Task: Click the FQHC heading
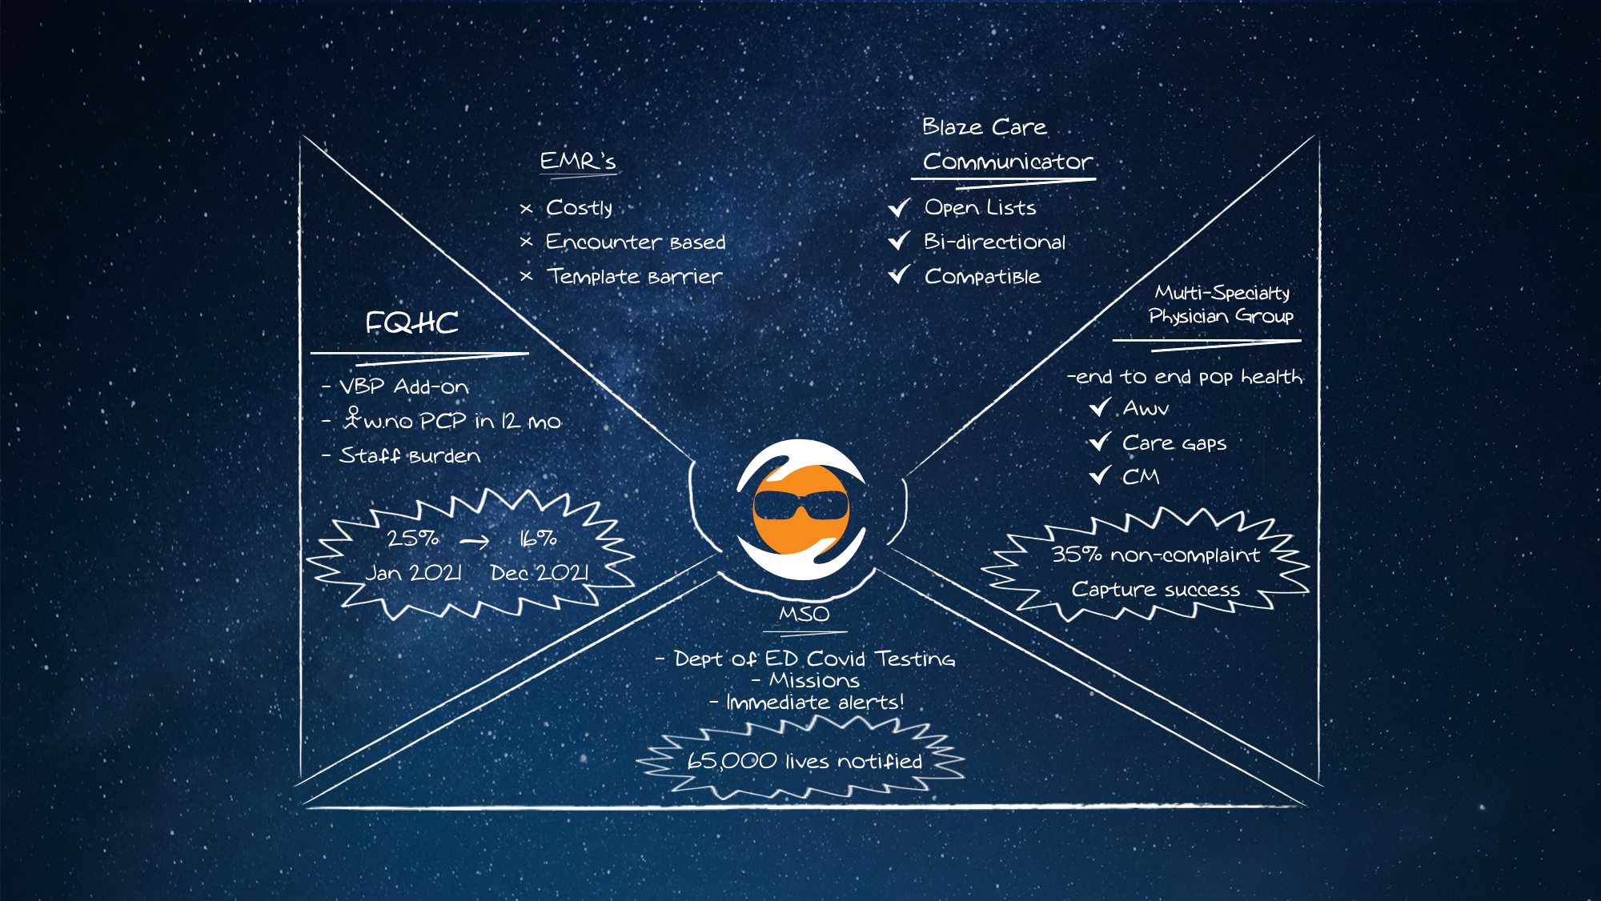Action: pyautogui.click(x=411, y=323)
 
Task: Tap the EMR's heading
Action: pyautogui.click(x=577, y=161)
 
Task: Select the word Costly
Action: pyautogui.click(x=579, y=208)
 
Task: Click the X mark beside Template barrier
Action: pyautogui.click(x=526, y=277)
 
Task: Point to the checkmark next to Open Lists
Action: pyautogui.click(x=899, y=208)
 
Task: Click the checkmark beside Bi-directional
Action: pyautogui.click(x=899, y=241)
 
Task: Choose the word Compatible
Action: pyautogui.click(x=982, y=277)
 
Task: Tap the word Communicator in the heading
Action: pyautogui.click(x=1007, y=162)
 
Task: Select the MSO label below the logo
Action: pyautogui.click(x=804, y=615)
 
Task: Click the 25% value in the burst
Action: pyautogui.click(x=413, y=539)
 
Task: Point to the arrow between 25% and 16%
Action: pyautogui.click(x=474, y=542)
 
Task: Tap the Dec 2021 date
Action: pyautogui.click(x=539, y=573)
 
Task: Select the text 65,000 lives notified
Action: pyautogui.click(x=804, y=761)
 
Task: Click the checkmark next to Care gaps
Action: pyautogui.click(x=1100, y=442)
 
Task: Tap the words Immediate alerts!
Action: pyautogui.click(x=815, y=703)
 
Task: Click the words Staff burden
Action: pyautogui.click(x=410, y=456)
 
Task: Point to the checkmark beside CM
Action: pyautogui.click(x=1100, y=477)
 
